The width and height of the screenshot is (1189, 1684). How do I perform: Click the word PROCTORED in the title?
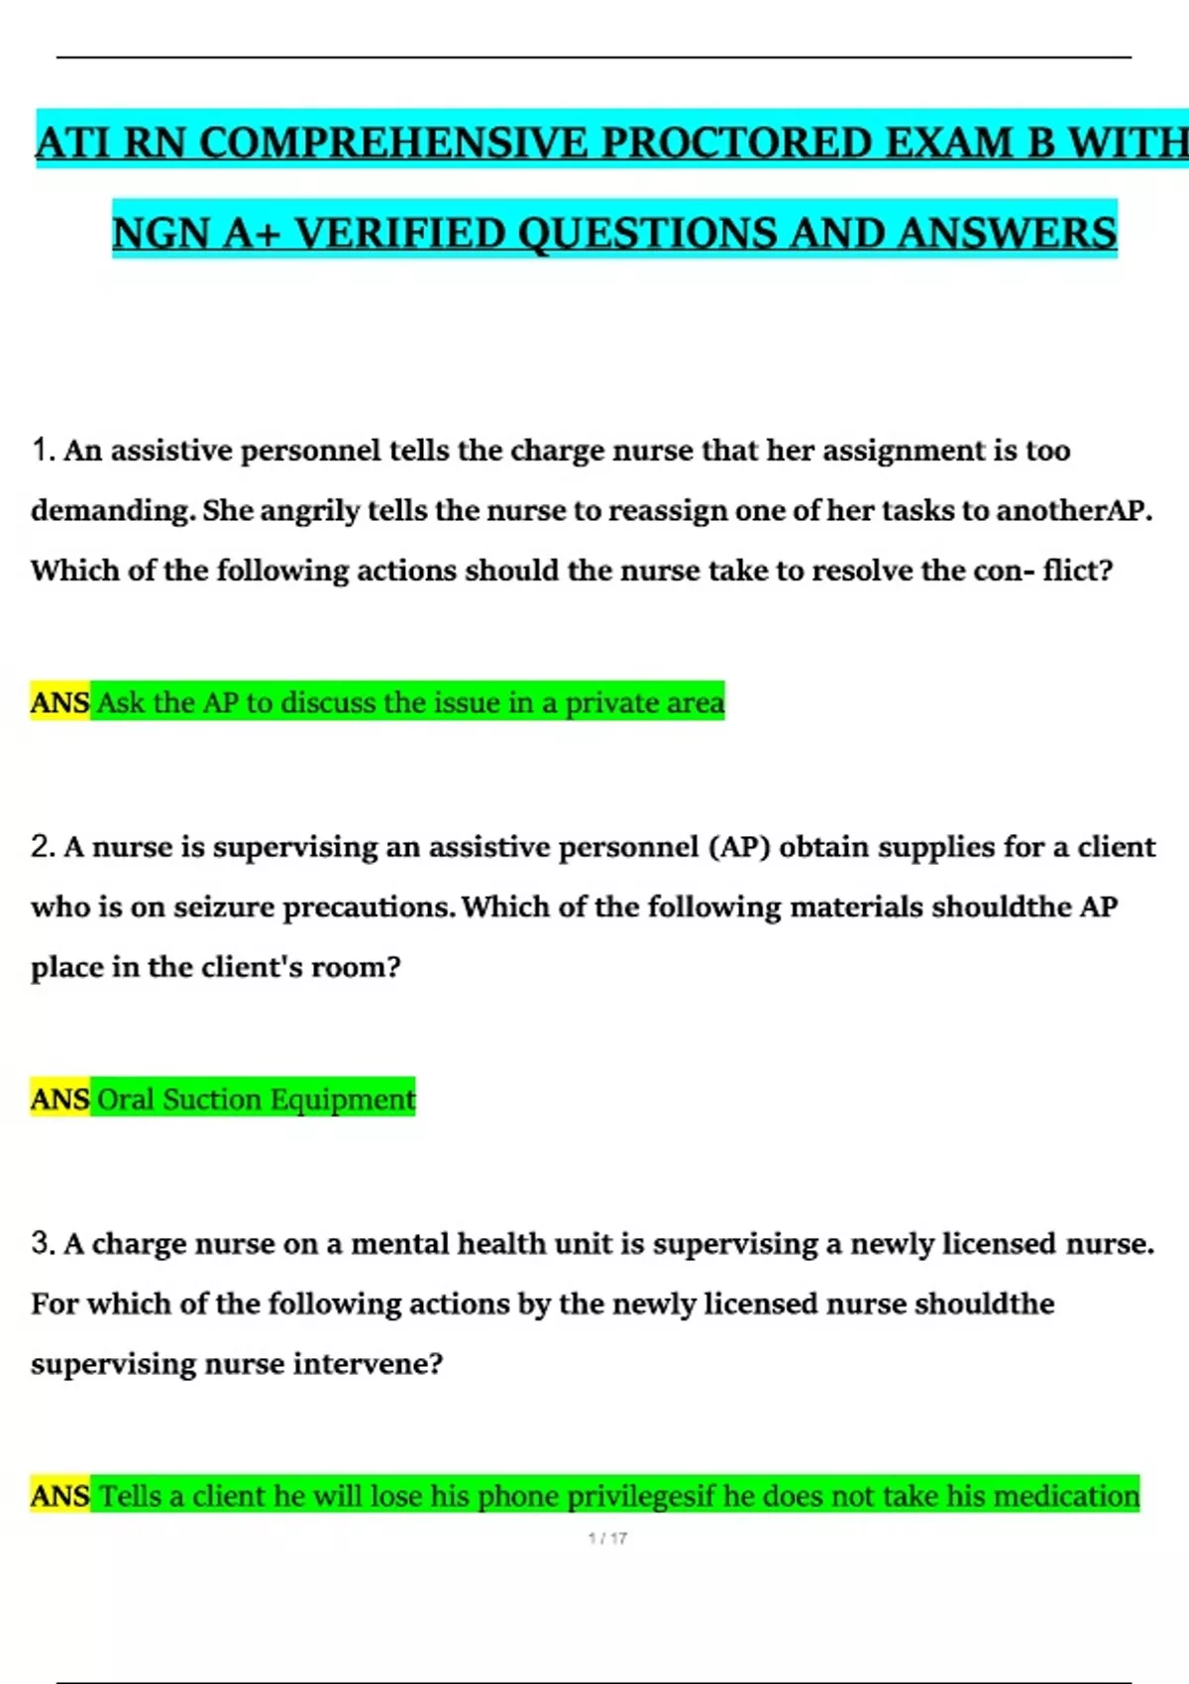[x=737, y=144]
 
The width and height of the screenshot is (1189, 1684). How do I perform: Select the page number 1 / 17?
[x=607, y=1538]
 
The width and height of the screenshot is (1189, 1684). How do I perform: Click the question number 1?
[x=43, y=451]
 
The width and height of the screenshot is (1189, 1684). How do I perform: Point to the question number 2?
[x=43, y=847]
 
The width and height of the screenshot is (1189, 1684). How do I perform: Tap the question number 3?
[x=43, y=1243]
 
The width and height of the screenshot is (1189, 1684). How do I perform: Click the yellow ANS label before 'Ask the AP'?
[x=59, y=702]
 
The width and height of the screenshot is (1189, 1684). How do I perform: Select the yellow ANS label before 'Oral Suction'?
[x=59, y=1099]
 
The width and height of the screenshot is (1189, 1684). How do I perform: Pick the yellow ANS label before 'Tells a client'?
[x=59, y=1495]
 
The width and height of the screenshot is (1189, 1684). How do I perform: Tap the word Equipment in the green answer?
[x=343, y=1100]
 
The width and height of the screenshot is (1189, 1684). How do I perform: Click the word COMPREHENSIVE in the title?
[x=393, y=144]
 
